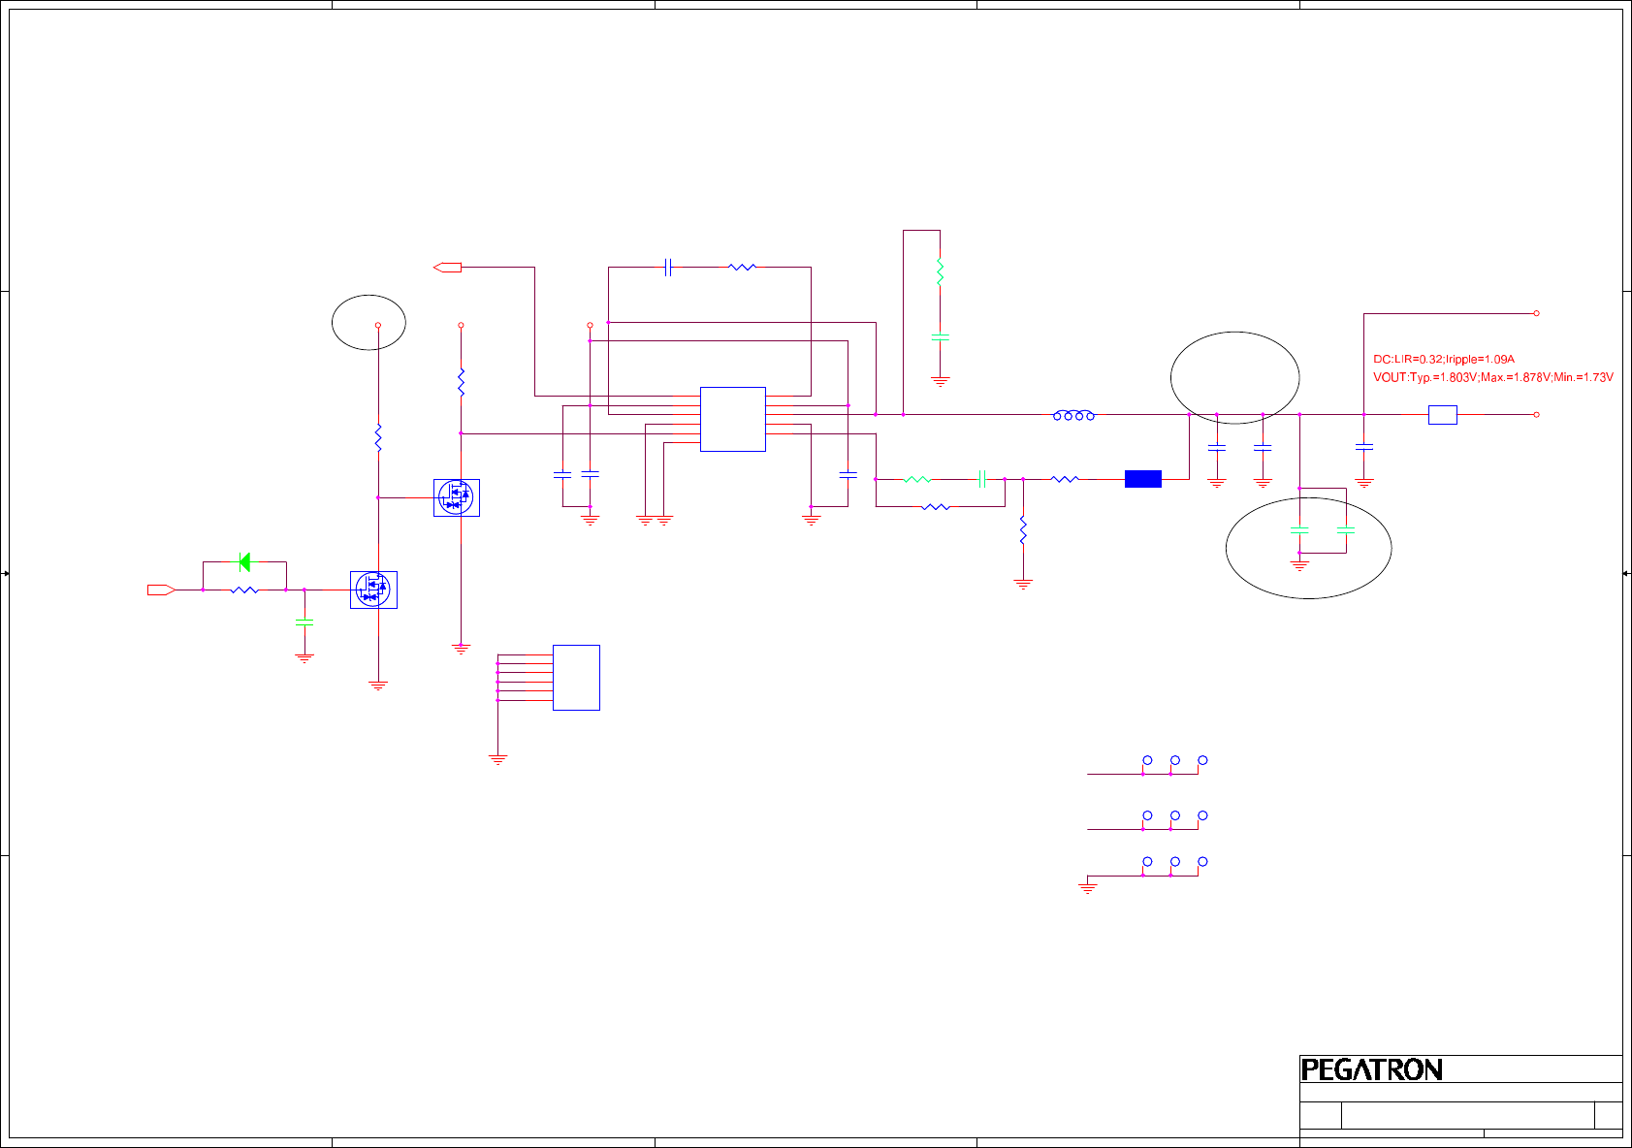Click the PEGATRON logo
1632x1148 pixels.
[x=1371, y=1069]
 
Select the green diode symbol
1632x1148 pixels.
[x=244, y=561]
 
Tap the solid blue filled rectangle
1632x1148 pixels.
[x=1142, y=479]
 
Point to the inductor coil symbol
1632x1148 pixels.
[x=1073, y=415]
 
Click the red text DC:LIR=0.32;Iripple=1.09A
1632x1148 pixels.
[x=1443, y=359]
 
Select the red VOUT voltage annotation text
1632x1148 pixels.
[x=1492, y=377]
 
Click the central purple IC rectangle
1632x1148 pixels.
[x=732, y=419]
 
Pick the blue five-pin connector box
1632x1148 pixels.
[x=576, y=677]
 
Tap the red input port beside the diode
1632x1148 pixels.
[x=160, y=590]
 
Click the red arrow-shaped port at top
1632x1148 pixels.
[x=447, y=267]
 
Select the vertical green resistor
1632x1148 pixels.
[x=940, y=271]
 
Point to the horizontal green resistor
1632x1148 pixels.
[x=916, y=479]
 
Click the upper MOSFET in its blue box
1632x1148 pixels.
[x=456, y=497]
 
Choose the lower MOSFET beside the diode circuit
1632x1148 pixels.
[x=373, y=590]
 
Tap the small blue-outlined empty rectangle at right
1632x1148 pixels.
[x=1442, y=415]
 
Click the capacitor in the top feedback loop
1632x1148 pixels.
[x=668, y=267]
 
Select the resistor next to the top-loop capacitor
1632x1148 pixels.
[x=742, y=267]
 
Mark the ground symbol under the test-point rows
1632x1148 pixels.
[x=1087, y=886]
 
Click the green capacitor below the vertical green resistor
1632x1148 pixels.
[x=940, y=337]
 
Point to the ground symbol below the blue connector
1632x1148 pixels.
[x=497, y=759]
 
